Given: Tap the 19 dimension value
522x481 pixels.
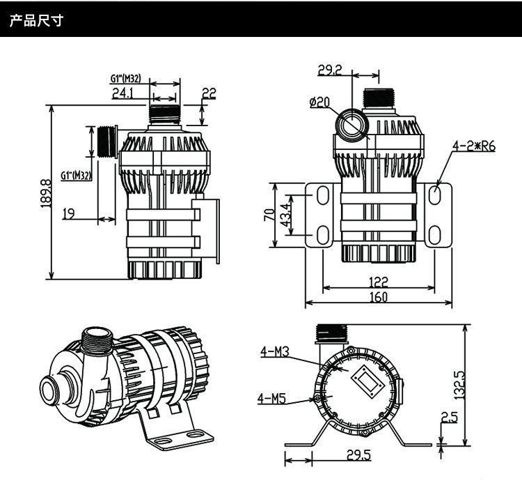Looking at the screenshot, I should [x=68, y=214].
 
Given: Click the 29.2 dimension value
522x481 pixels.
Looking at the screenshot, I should [x=330, y=70].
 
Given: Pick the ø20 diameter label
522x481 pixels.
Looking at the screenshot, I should [x=319, y=102].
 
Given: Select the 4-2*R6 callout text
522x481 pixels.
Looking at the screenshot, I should [x=473, y=148].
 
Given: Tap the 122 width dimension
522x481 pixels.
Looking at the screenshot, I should [x=379, y=283].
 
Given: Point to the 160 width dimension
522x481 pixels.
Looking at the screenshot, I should [x=378, y=298].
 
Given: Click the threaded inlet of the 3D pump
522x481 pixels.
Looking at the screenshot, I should [x=94, y=343].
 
